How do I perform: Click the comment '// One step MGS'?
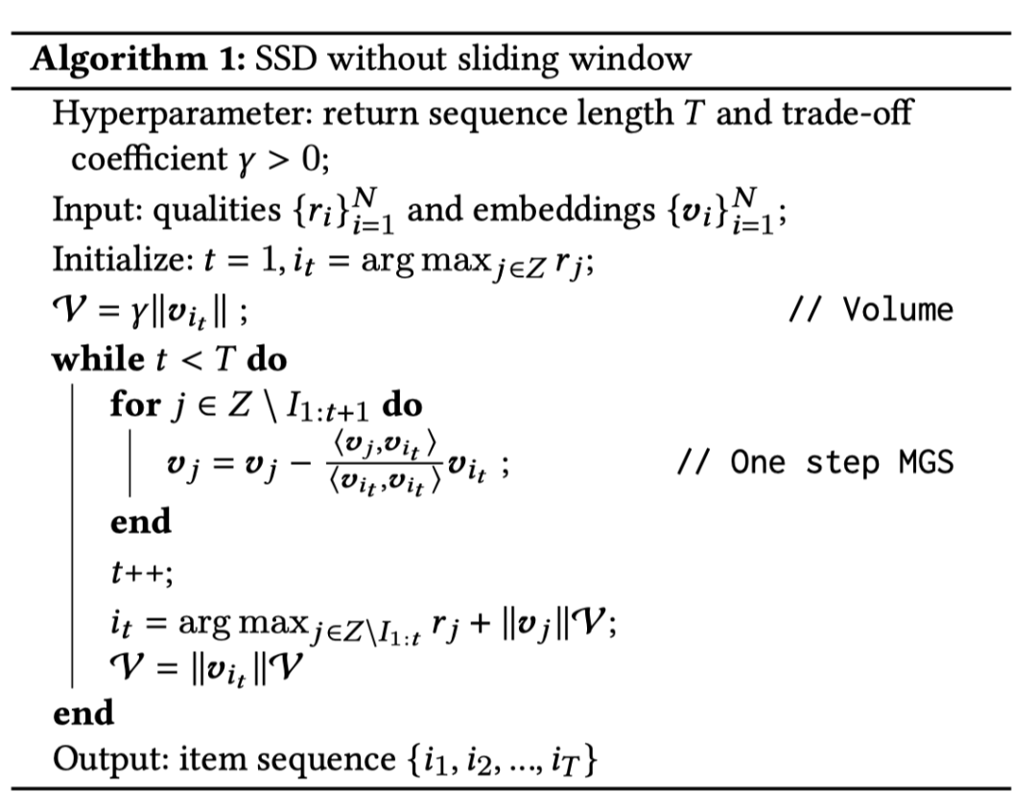(x=814, y=462)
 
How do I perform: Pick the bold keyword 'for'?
(x=135, y=405)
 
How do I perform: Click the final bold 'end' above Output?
(x=83, y=713)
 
